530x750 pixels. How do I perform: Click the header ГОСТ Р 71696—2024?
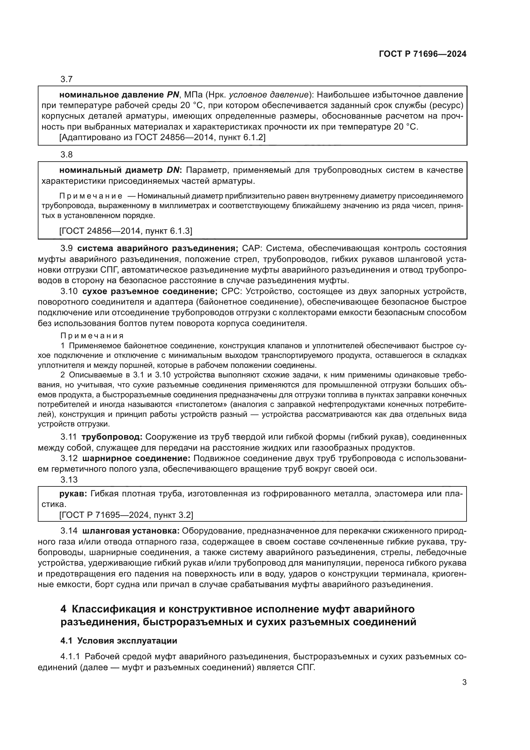tap(422, 54)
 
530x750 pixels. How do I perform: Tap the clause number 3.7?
tap(66, 80)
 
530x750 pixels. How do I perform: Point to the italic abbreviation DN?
tap(173, 170)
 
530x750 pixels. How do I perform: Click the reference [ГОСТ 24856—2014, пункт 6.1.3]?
tap(126, 231)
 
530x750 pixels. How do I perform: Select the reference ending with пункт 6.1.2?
tap(162, 138)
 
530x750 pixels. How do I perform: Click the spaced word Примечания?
tap(92, 336)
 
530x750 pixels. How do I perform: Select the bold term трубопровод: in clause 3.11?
tap(112, 437)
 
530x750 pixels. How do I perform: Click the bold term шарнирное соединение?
tap(136, 459)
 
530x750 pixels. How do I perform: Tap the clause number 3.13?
tap(69, 479)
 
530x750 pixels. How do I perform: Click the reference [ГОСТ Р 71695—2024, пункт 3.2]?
tap(126, 515)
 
